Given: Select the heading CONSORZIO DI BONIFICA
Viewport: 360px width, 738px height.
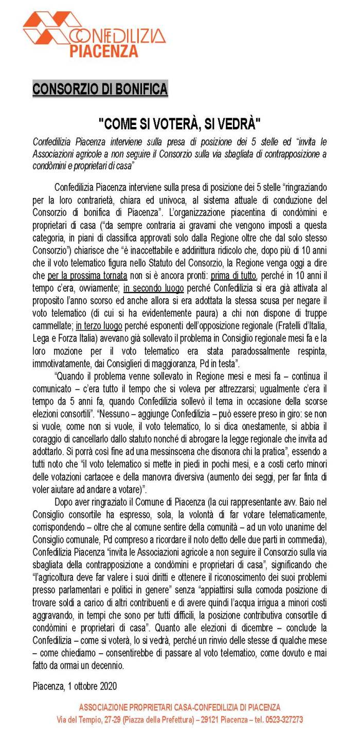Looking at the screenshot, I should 100,89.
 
